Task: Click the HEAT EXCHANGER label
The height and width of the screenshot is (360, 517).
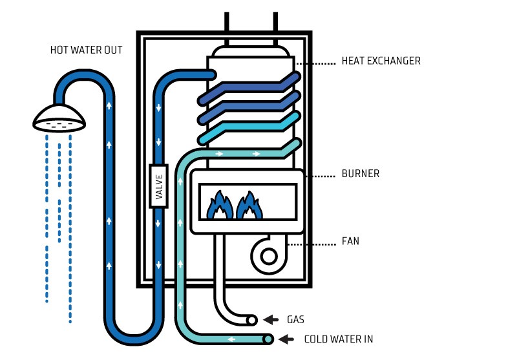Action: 381,61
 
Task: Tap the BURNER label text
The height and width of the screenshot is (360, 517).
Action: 360,174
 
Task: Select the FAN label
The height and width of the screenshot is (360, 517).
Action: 350,241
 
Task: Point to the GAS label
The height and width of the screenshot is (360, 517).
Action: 295,319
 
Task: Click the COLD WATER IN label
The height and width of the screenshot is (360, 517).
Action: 338,339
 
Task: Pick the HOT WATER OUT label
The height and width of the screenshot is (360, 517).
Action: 86,50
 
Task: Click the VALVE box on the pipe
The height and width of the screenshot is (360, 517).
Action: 159,186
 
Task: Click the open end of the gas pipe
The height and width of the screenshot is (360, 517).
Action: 251,319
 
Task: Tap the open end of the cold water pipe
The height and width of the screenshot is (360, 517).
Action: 268,339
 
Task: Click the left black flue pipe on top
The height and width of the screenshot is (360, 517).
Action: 226,21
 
